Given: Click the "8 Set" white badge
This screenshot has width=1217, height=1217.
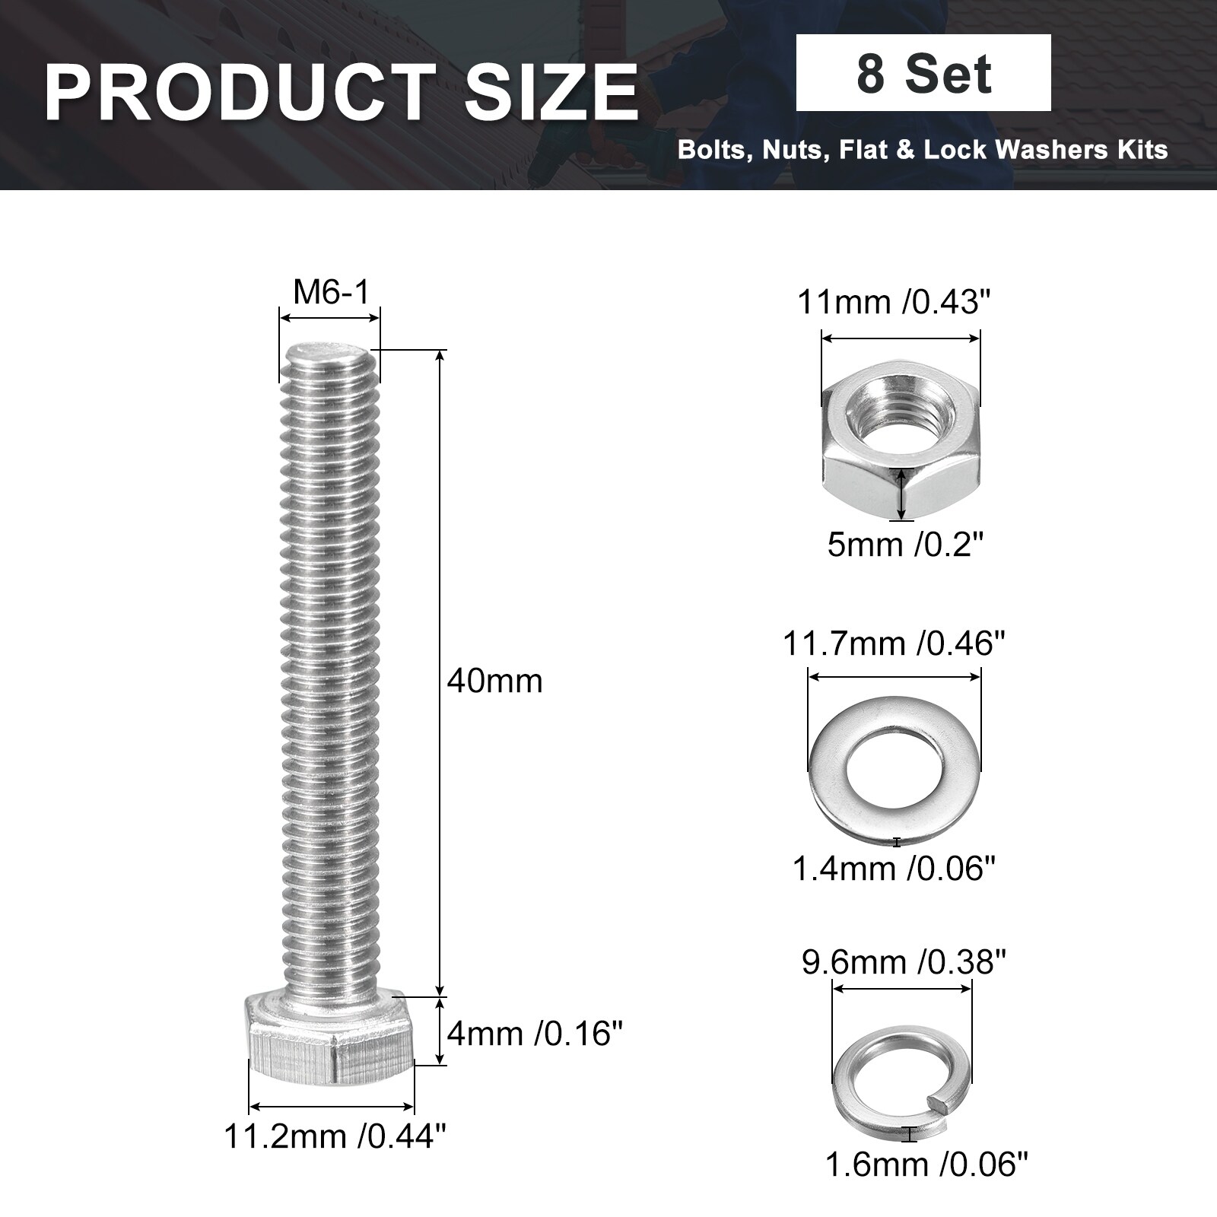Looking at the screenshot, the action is click(923, 73).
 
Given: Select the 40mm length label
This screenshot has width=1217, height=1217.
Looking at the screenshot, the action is click(494, 681).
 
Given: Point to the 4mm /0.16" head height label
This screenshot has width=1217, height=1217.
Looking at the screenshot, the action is click(537, 1034).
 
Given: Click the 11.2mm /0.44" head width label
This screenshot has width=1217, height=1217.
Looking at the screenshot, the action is click(335, 1137).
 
